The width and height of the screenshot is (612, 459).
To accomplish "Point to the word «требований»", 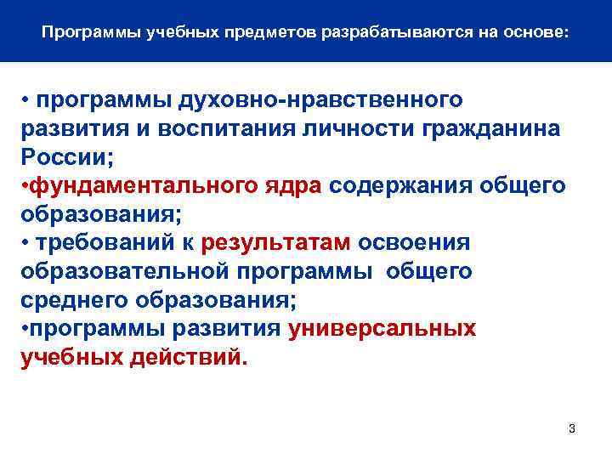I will [104, 243].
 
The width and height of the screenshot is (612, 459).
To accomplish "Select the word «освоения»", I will [413, 243].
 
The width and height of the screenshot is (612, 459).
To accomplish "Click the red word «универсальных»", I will [382, 329].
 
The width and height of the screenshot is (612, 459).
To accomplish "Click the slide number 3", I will [572, 428].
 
